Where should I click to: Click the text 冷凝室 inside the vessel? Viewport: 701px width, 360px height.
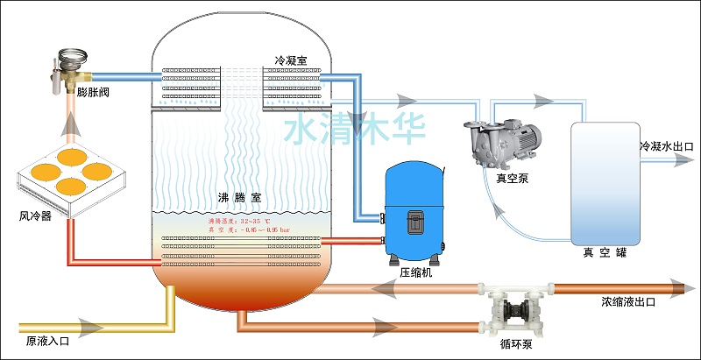coord(291,60)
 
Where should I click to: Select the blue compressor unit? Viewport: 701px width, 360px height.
coord(416,219)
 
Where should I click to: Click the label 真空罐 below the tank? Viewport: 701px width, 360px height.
coord(605,253)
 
